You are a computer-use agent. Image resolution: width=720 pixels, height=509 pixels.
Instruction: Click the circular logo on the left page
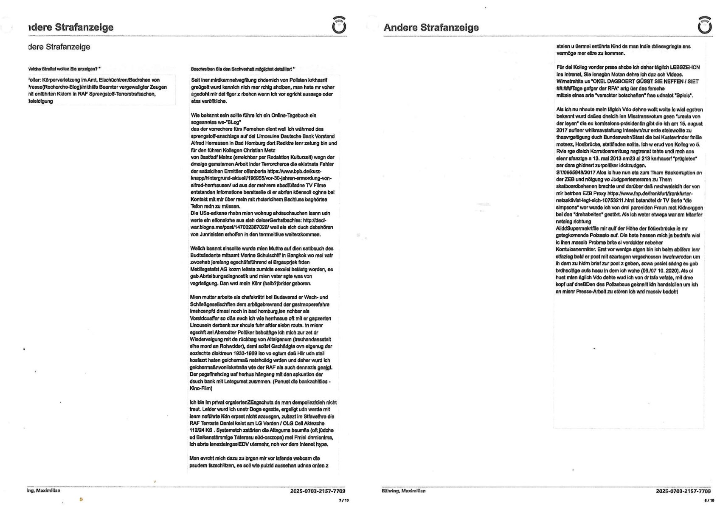point(339,25)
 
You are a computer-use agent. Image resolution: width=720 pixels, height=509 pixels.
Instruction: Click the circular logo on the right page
point(705,25)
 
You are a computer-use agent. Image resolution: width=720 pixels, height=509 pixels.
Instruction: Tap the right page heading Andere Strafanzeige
point(431,28)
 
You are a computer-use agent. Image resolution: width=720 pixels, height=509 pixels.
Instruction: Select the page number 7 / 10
point(343,500)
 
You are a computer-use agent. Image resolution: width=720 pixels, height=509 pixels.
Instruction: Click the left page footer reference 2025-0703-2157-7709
point(318,491)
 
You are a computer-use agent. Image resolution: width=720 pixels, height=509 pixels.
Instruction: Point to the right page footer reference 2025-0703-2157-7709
point(683,491)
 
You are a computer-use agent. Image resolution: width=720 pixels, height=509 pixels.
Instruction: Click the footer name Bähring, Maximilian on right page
point(403,491)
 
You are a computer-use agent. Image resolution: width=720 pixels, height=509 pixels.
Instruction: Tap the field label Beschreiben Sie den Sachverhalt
point(242,69)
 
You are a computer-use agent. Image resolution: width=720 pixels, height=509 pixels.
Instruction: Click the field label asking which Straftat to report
point(64,69)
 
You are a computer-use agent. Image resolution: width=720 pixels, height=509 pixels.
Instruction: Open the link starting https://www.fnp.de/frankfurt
point(628,194)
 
